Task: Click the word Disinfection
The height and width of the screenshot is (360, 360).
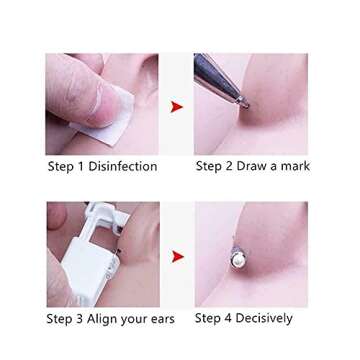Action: click(121, 166)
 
